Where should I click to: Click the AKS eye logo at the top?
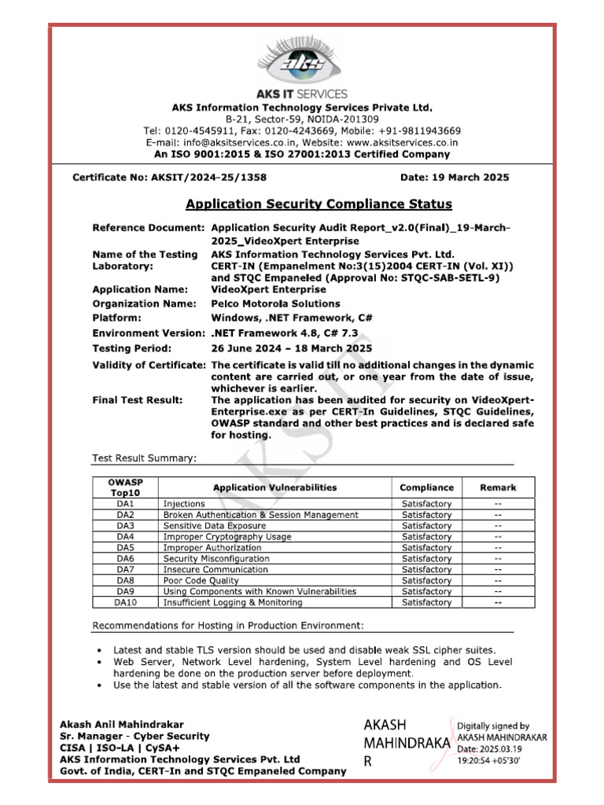coord(303,64)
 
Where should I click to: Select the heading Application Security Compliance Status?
coord(319,204)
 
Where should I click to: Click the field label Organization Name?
coord(144,303)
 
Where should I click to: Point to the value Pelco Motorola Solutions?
coord(275,303)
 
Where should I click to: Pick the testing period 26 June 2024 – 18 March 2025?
coord(292,348)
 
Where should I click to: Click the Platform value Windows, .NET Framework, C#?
coord(292,318)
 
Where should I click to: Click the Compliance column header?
coord(426,487)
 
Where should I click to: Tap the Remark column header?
coord(498,487)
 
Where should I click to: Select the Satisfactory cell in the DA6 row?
coord(426,558)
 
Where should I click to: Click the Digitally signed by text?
coord(493,726)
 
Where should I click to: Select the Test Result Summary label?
coord(145,458)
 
